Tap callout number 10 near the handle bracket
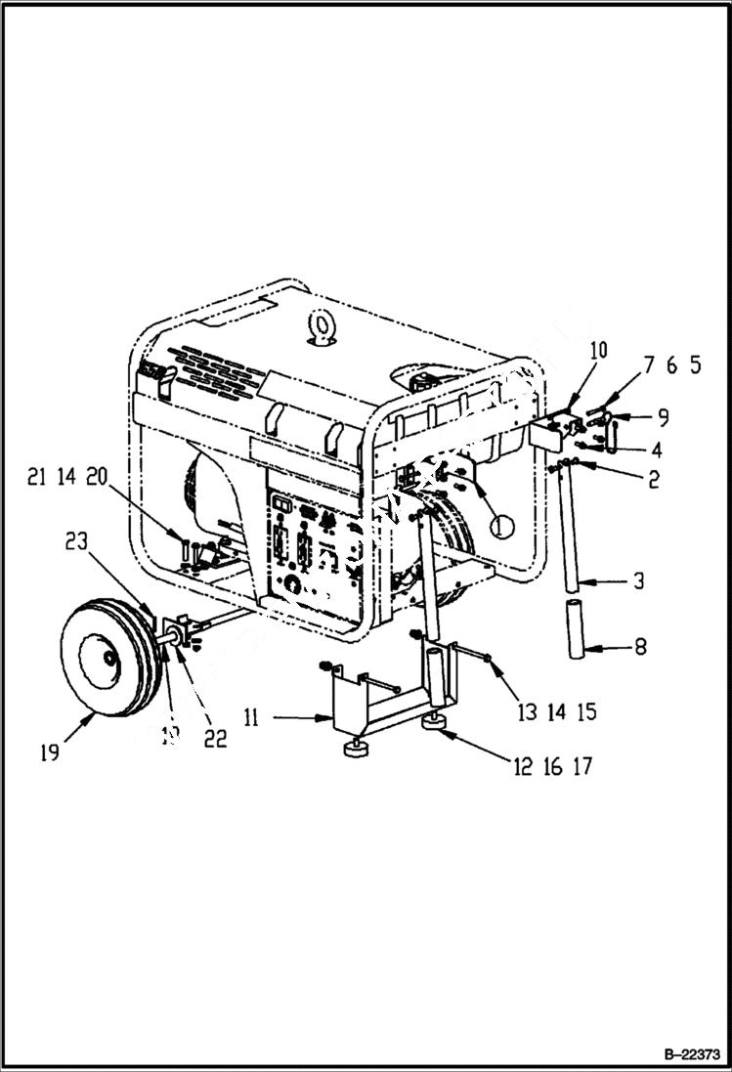598,349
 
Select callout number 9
663,417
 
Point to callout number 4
657,450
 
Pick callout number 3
638,581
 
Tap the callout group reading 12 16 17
553,767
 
